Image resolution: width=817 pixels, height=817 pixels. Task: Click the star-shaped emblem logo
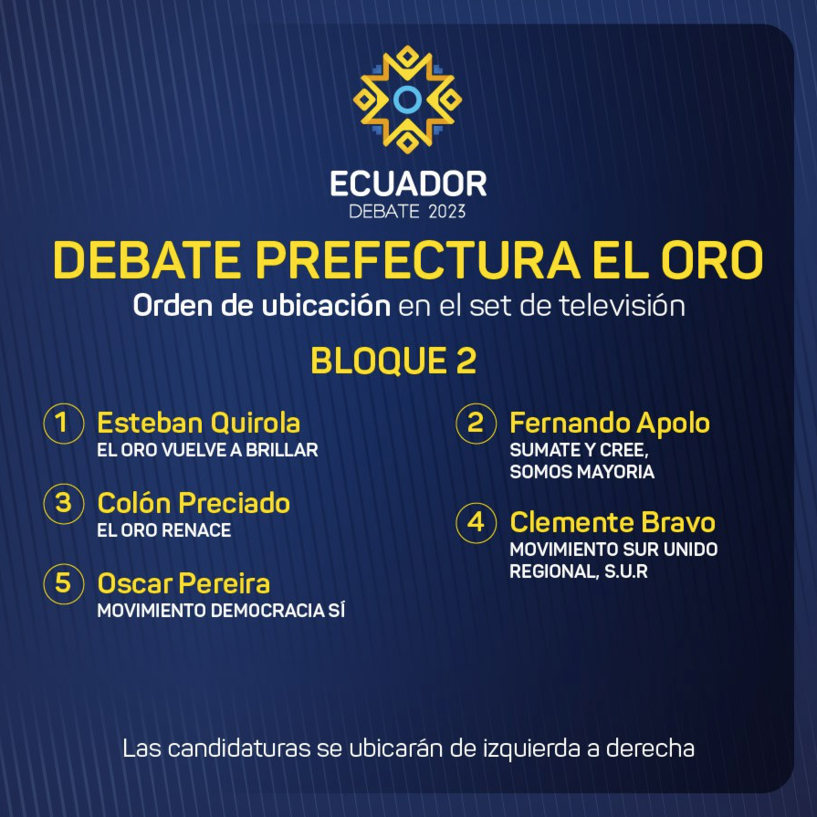tap(407, 100)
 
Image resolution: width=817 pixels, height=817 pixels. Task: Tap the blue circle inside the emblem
tap(407, 100)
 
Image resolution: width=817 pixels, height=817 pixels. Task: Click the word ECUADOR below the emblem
tap(409, 183)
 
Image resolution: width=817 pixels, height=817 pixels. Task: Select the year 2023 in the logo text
tap(447, 212)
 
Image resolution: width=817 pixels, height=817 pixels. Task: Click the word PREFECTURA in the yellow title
tap(417, 259)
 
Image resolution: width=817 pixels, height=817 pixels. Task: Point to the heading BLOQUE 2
tap(393, 361)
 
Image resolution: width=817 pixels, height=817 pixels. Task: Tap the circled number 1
tap(64, 423)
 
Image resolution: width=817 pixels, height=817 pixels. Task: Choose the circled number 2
tap(476, 423)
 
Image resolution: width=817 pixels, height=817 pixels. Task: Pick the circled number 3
tap(64, 503)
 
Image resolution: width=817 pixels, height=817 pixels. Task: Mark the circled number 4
tap(476, 523)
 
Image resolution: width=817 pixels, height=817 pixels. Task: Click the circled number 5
tap(64, 583)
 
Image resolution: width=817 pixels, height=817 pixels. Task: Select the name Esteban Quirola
tap(198, 423)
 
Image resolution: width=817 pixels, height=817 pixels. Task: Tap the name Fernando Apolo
tap(610, 423)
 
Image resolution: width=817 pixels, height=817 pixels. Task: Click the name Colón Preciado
tap(194, 503)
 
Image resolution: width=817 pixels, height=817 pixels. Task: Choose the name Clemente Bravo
tap(613, 522)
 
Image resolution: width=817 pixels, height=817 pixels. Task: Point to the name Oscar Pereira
tap(183, 583)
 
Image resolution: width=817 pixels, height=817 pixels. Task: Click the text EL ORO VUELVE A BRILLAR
tap(207, 450)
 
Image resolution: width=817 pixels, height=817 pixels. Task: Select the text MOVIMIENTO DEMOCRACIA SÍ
tap(221, 611)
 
